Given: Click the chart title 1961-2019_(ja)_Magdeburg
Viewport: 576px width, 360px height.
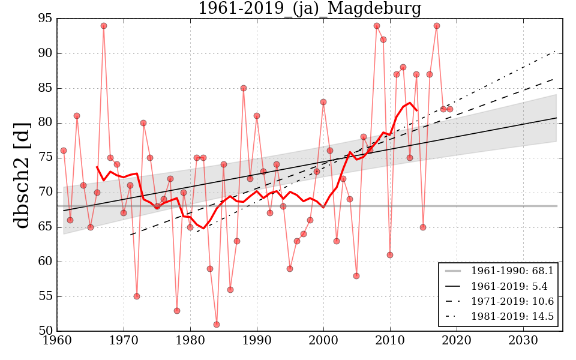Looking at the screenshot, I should tap(310, 9).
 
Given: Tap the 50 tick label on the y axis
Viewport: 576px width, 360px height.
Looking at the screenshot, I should tap(45, 331).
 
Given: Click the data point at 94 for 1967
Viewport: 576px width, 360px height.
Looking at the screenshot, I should tap(104, 26).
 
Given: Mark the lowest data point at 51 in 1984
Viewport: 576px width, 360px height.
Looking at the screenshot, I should tap(217, 325).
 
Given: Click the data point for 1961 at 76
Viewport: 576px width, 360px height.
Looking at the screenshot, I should tap(64, 151).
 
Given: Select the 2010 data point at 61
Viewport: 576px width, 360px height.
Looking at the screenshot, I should tap(390, 255).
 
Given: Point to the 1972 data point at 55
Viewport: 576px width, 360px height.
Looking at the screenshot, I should tap(137, 296).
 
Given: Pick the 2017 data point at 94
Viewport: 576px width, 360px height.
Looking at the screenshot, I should tap(437, 26).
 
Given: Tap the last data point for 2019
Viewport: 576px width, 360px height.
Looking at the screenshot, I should tap(450, 109).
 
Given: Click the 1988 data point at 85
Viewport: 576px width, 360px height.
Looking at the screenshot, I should tap(244, 88).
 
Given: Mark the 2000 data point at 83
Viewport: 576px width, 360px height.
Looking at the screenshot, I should tap(323, 102).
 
